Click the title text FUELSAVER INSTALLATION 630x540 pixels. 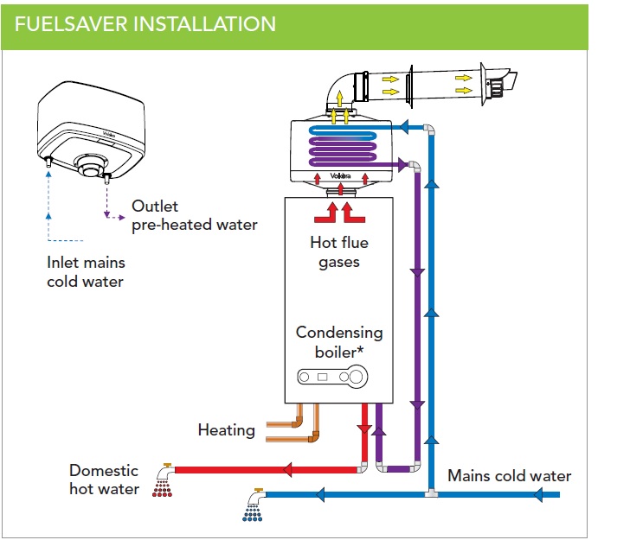(145, 22)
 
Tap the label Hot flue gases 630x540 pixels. (339, 250)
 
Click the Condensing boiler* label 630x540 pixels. (339, 341)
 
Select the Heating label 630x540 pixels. (227, 429)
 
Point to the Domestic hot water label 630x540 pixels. (104, 480)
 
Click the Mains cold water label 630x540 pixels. (509, 475)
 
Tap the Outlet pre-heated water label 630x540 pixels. (194, 216)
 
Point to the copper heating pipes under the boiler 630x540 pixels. (291, 429)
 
